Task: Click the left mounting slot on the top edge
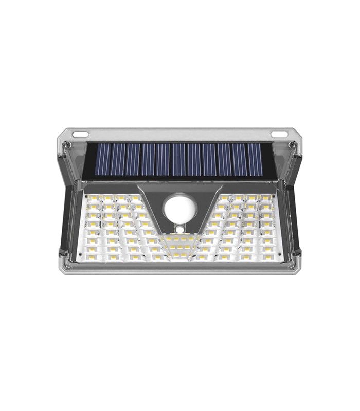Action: coord(81,135)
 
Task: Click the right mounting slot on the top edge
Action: coord(279,135)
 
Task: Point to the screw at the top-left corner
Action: coord(67,145)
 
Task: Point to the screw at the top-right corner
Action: coord(293,145)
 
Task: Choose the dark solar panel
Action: coord(179,160)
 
